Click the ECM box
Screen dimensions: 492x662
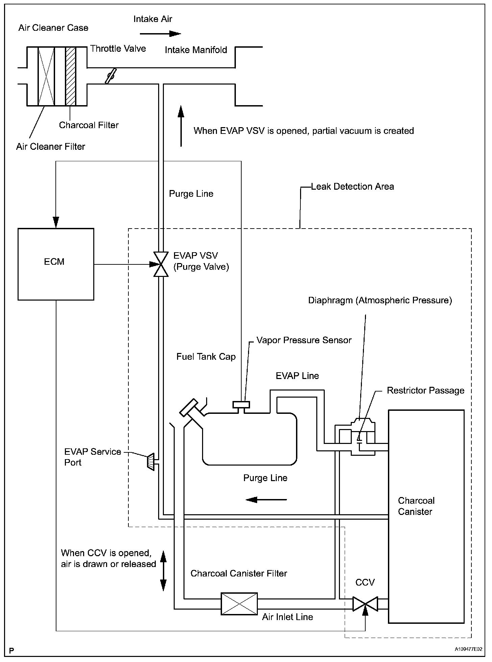56,264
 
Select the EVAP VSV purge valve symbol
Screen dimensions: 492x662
161,264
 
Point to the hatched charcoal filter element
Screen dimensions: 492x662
71,76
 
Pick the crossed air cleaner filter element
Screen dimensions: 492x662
46,76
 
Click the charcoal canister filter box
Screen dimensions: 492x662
239,604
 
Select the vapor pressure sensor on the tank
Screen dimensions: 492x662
241,405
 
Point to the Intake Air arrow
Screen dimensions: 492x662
161,33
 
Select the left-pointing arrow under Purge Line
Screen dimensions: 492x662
266,499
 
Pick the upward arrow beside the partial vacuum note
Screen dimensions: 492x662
181,126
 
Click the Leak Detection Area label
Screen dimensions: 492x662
352,187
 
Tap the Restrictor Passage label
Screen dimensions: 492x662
425,391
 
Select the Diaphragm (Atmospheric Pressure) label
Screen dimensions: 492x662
380,300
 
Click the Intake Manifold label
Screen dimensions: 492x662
196,50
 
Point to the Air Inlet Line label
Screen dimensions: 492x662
288,617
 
